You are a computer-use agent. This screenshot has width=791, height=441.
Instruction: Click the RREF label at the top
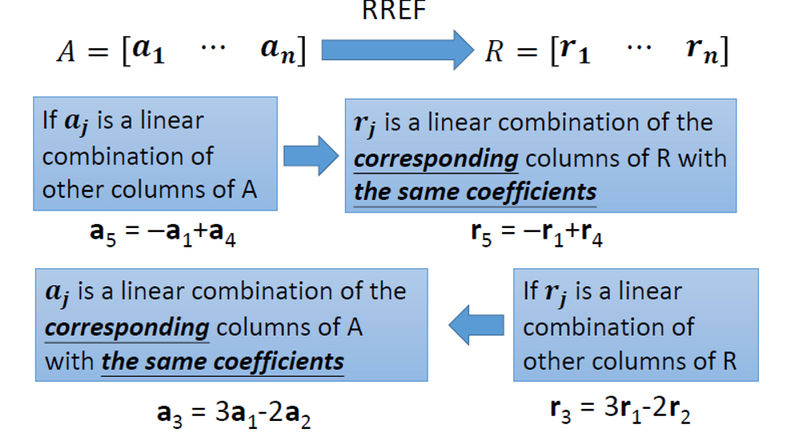[394, 11]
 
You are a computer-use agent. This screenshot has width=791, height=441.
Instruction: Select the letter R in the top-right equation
[493, 53]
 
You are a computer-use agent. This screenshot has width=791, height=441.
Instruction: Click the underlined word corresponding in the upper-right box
[436, 158]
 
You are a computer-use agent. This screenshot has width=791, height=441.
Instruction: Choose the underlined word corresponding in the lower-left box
[127, 328]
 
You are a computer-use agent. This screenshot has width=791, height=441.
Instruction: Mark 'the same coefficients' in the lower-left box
[222, 361]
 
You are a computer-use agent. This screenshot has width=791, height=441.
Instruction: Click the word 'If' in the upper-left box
[50, 121]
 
